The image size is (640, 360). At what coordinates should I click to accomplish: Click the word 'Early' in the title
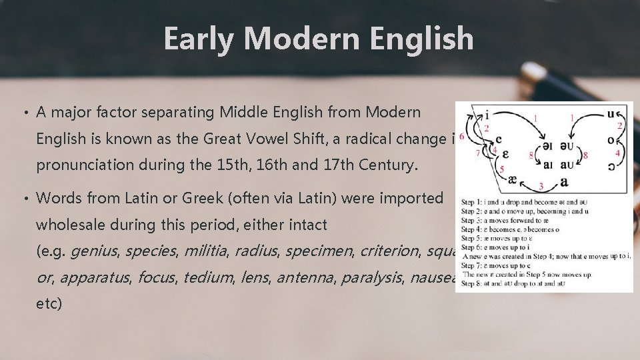click(198, 39)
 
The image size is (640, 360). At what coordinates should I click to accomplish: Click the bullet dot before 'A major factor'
click(25, 113)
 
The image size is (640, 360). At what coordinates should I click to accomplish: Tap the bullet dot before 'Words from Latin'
click(25, 198)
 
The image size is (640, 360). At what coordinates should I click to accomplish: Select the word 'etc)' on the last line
click(49, 304)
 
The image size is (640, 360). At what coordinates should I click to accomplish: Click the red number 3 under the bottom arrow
click(541, 186)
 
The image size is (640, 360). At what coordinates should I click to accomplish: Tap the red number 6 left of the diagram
click(462, 136)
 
